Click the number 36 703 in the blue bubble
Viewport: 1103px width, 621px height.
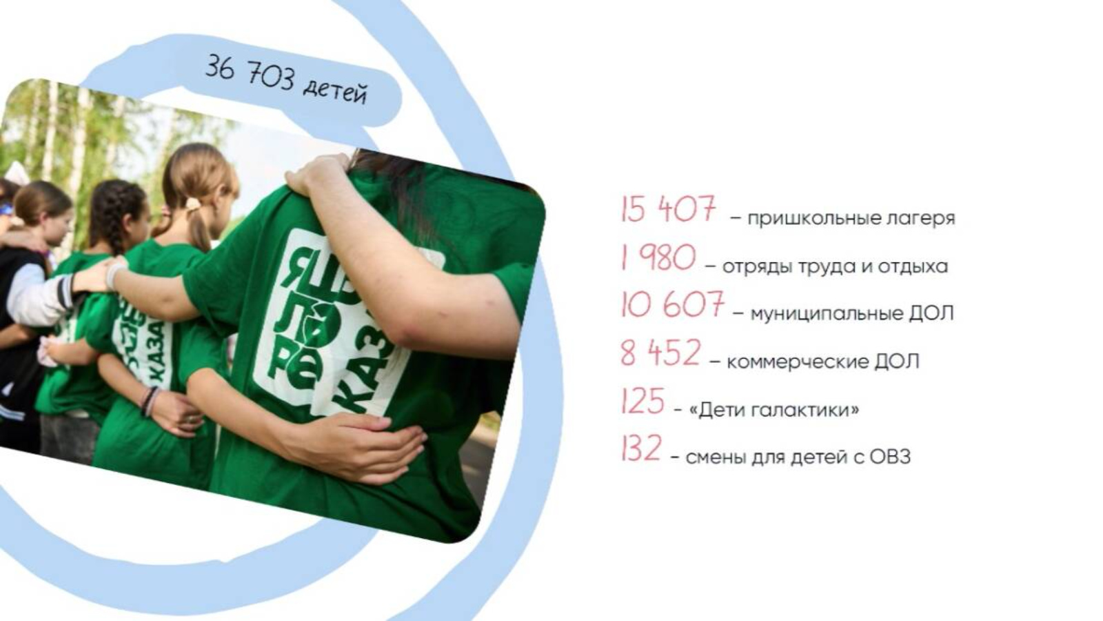pos(250,73)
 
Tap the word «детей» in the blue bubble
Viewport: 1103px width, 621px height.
pos(335,91)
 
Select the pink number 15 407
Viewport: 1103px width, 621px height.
pos(668,210)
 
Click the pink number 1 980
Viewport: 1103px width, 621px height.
pos(658,257)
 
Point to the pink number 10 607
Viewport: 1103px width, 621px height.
pos(672,304)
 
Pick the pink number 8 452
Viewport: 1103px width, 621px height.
pos(660,353)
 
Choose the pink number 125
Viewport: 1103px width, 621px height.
pos(642,401)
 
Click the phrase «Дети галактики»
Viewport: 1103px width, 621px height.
pos(774,410)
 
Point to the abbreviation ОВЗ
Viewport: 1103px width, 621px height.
pos(890,457)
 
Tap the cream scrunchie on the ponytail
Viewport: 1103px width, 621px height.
pos(193,204)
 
